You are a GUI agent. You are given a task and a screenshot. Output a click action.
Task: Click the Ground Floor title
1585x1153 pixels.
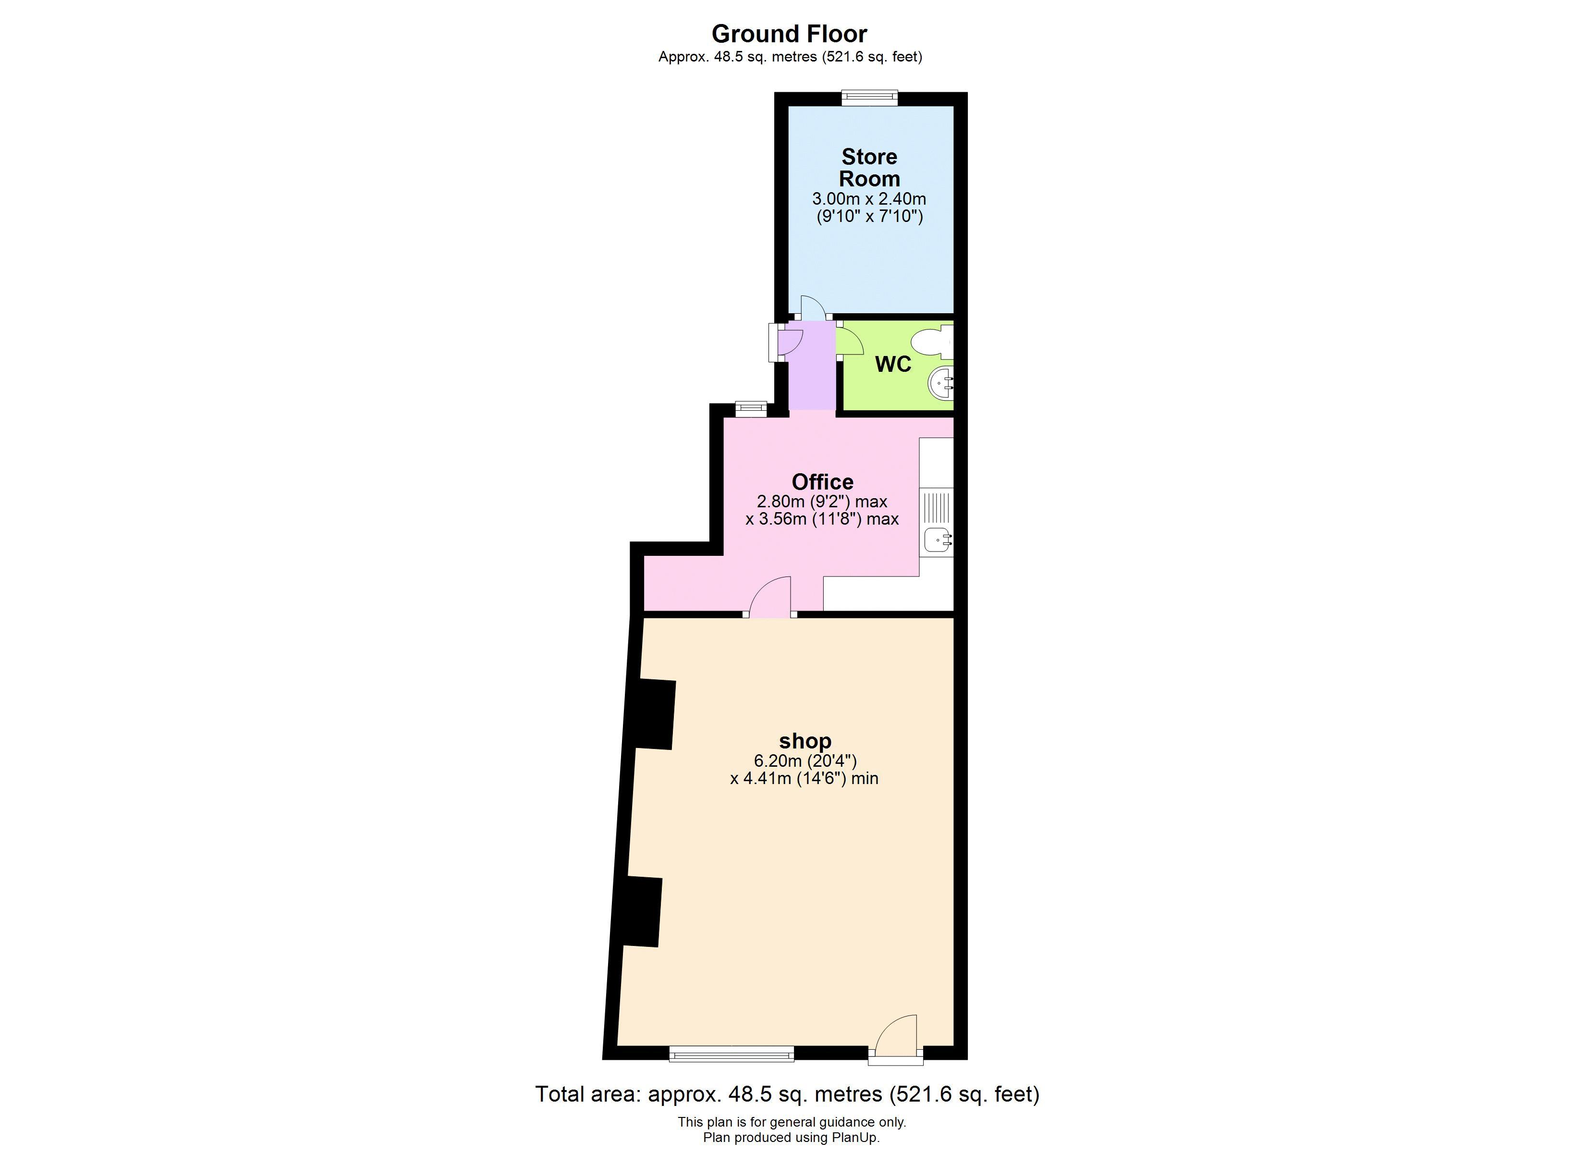click(789, 34)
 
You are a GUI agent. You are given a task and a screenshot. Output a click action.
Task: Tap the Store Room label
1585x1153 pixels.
click(869, 167)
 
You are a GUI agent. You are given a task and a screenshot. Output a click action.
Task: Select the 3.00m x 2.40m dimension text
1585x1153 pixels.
click(869, 198)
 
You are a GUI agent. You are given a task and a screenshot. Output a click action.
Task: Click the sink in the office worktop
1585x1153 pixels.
click(937, 539)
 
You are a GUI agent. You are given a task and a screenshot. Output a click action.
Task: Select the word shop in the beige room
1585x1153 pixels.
click(805, 740)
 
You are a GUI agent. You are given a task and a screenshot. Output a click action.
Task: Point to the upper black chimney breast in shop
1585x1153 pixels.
click(656, 714)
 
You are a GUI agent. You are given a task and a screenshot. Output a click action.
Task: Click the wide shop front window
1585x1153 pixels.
click(731, 1054)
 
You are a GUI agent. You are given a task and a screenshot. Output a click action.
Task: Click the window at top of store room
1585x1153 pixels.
click(869, 98)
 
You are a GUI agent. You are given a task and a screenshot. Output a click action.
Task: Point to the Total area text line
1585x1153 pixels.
click(787, 1093)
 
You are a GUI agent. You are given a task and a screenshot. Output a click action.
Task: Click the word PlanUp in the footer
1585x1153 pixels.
click(854, 1138)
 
